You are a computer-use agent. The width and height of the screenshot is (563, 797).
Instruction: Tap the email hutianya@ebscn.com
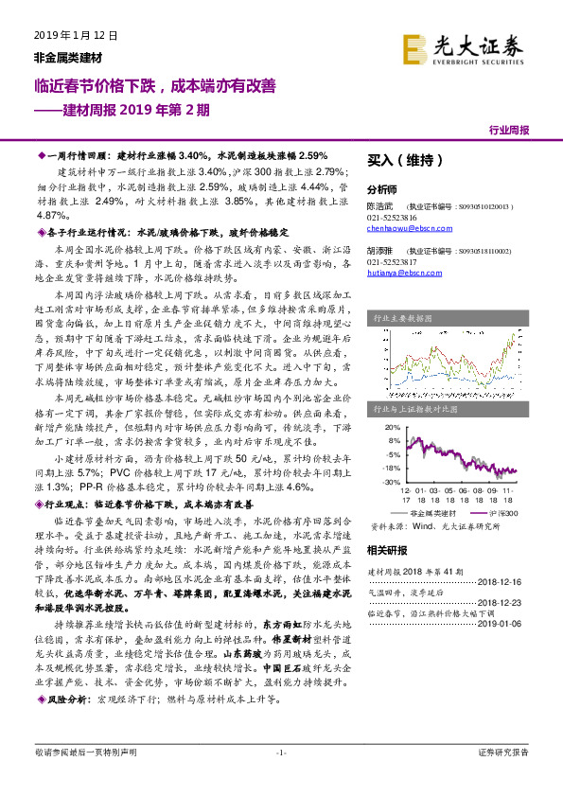pos(398,272)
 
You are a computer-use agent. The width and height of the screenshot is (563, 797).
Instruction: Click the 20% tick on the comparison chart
pos(391,427)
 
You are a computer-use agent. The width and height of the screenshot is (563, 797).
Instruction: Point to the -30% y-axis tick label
pos(390,482)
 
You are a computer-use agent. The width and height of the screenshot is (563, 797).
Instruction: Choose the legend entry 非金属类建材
pos(434,511)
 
